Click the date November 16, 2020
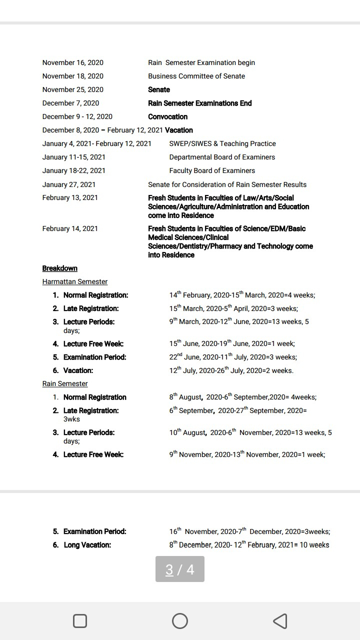coord(73,62)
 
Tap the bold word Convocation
coord(167,116)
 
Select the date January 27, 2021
coord(69,184)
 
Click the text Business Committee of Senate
coord(196,76)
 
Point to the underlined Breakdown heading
coord(60,268)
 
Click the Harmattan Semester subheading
coord(75,281)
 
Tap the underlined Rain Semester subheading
coord(65,383)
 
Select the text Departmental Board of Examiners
coord(222,157)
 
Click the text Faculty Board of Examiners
coord(212,170)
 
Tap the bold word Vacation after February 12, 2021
coord(179,130)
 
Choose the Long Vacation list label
coord(87,544)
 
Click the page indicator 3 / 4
coord(180,569)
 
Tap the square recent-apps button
coord(80,621)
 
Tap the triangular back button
coord(280,621)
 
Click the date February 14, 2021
coord(70,228)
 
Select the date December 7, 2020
coord(70,103)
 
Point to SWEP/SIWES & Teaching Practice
coord(222,143)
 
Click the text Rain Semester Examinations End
coord(200,103)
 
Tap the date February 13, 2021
coord(70,197)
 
